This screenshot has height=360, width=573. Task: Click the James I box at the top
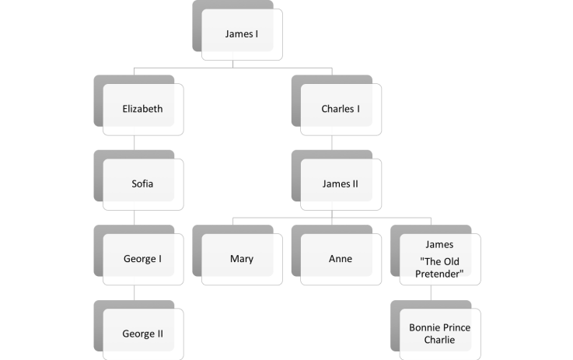[x=242, y=34]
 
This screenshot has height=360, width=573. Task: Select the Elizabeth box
[x=143, y=109]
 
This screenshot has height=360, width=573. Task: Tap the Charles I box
[x=341, y=109]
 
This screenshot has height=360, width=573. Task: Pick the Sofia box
[x=143, y=184]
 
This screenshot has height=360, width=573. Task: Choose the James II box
[x=341, y=184]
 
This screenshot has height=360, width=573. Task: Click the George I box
[x=143, y=259]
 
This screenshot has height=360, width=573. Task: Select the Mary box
[x=242, y=259]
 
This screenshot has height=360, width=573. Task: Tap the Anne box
[x=341, y=259]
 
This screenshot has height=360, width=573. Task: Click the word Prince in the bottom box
[x=456, y=327]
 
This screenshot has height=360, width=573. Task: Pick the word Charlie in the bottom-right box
[x=439, y=341]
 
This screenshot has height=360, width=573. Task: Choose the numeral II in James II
[x=354, y=184]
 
